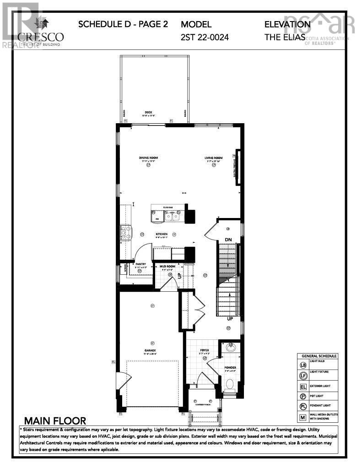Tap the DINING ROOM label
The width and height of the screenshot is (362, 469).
(148, 158)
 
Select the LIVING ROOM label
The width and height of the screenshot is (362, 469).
(213, 158)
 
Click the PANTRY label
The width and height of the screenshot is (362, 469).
(141, 264)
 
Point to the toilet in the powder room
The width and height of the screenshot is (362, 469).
(230, 383)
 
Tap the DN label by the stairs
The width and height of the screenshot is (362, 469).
(228, 240)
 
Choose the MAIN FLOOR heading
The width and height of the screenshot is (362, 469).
(55, 420)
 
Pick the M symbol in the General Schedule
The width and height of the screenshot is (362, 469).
(303, 417)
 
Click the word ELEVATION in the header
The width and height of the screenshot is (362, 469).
(287, 24)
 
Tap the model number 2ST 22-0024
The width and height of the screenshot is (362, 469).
(205, 37)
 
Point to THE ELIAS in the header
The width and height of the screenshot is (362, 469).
(285, 37)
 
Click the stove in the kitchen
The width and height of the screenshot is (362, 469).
(125, 230)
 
